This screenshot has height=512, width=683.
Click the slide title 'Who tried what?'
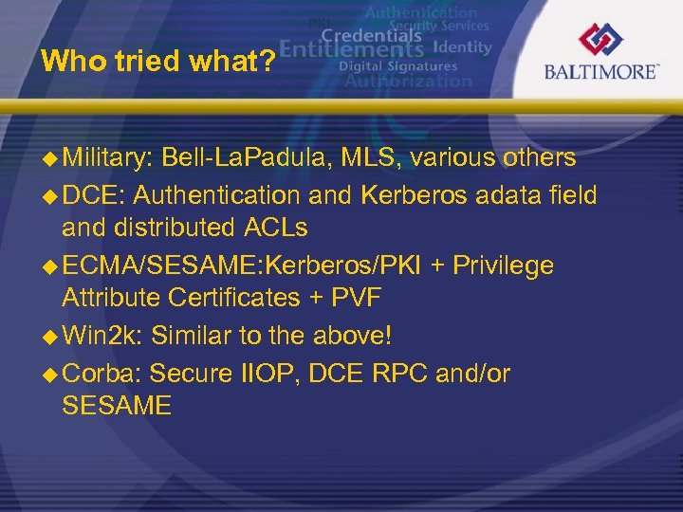158,63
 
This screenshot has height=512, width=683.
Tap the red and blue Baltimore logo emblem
601,41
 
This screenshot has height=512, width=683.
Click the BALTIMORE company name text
601,72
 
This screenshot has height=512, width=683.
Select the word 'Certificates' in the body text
232,298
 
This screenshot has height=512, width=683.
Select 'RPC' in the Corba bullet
397,374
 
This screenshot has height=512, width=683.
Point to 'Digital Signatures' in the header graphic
398,66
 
